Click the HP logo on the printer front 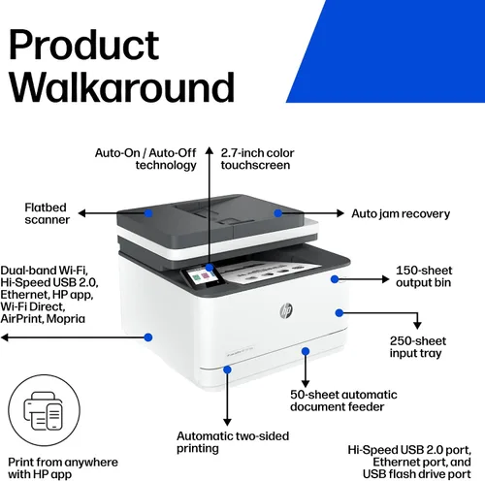point(286,311)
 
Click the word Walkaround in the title point(122,87)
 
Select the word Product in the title point(84,45)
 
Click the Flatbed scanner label point(47,213)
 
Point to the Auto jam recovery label point(401,213)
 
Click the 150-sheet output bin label point(424,276)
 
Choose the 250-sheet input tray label point(418,347)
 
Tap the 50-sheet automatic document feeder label point(343,401)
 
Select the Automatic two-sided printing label point(233,442)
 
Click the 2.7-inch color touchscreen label point(257,159)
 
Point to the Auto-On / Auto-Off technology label point(145,159)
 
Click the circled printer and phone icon point(44,410)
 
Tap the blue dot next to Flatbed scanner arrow point(148,213)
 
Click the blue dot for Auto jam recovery point(277,213)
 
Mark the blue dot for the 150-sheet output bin point(335,279)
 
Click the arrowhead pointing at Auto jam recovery point(340,213)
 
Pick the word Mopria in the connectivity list point(66,319)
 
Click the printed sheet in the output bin point(270,273)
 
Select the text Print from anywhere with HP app point(63,468)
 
